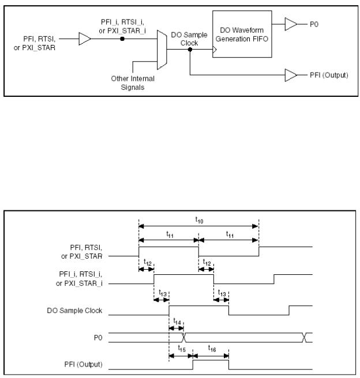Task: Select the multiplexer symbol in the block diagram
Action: (x=162, y=50)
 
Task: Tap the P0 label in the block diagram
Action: (x=314, y=24)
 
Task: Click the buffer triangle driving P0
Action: (x=291, y=24)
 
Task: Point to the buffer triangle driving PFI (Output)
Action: (x=291, y=75)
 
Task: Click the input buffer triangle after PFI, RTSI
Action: (x=85, y=39)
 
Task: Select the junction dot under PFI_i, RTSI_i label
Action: (x=122, y=39)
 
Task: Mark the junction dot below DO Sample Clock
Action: (x=190, y=50)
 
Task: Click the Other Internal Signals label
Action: (x=133, y=83)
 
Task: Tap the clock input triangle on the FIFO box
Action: (x=215, y=50)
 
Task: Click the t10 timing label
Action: (x=199, y=220)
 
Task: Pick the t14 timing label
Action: (x=177, y=322)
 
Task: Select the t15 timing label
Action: (x=182, y=349)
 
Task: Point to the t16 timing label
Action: (x=212, y=349)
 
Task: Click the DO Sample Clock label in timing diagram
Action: (x=74, y=311)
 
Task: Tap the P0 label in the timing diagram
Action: (x=98, y=338)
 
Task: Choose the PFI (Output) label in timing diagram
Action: (x=83, y=364)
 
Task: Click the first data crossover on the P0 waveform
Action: (x=183, y=338)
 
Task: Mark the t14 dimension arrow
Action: (x=176, y=328)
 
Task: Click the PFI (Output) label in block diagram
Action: (x=329, y=75)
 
